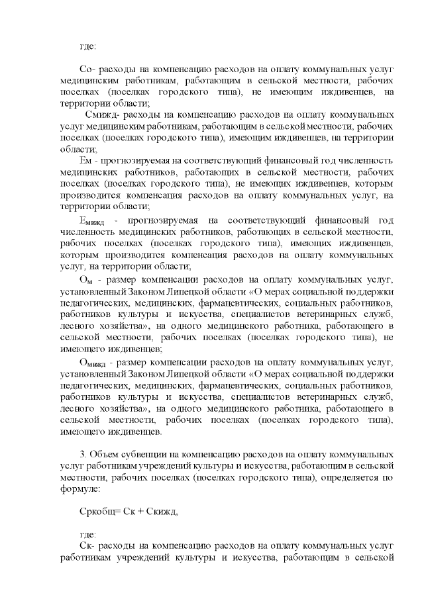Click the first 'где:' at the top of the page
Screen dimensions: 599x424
[x=87, y=46]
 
